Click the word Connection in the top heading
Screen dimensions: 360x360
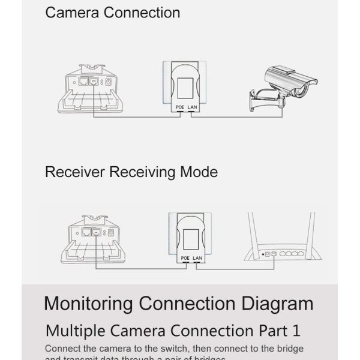point(142,12)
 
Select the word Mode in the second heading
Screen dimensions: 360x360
point(199,173)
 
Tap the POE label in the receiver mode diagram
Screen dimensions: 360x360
point(184,258)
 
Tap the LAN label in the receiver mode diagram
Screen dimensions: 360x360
point(198,258)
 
